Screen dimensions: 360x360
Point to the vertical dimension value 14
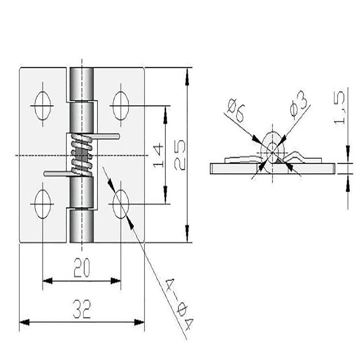[157, 155]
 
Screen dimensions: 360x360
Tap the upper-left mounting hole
[42, 106]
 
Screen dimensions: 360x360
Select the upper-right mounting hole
[121, 106]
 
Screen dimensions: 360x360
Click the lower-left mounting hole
[42, 204]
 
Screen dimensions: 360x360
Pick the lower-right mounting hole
[121, 204]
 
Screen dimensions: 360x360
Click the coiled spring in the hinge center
[81, 156]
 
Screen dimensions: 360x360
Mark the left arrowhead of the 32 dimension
[23, 322]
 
